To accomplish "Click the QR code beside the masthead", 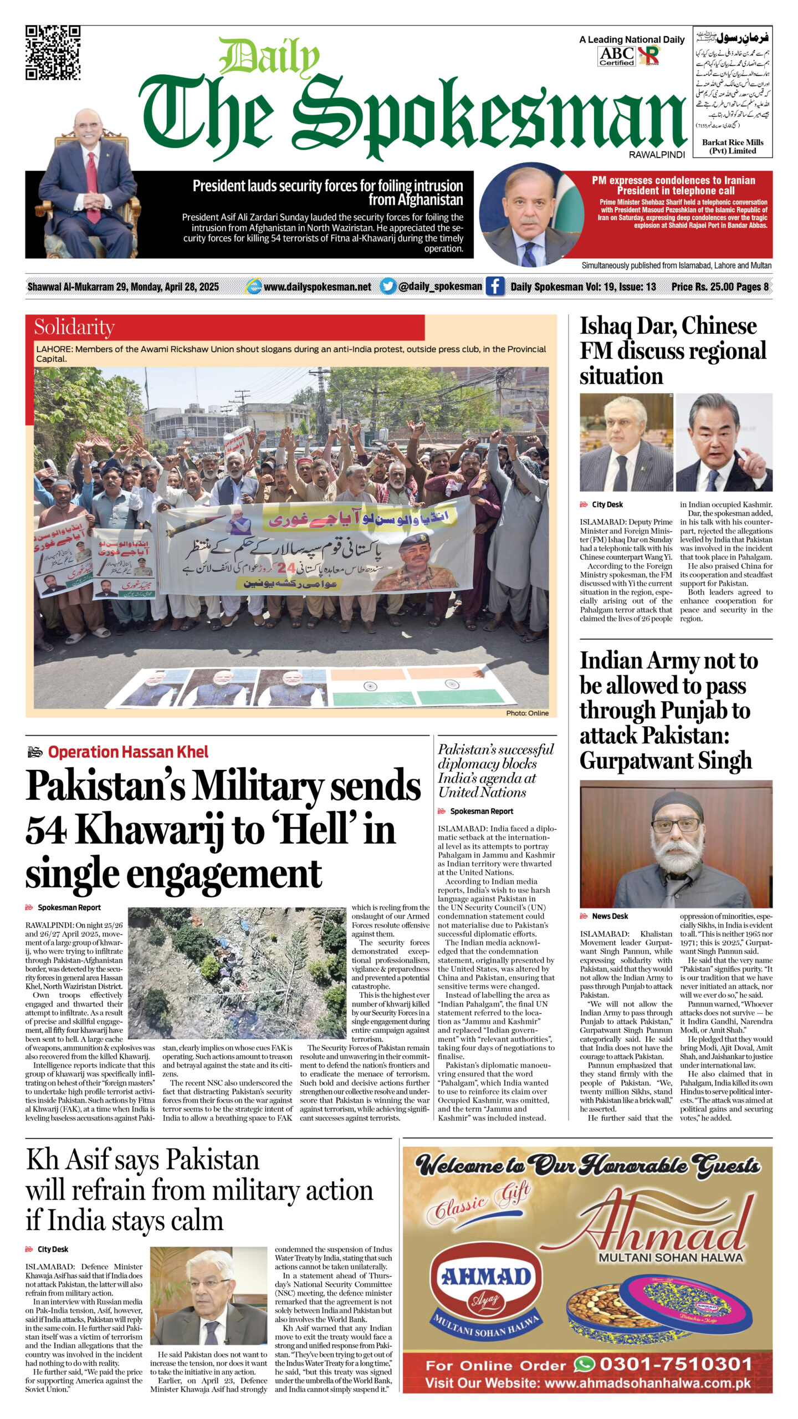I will (x=53, y=53).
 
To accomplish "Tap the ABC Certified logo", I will (x=616, y=56).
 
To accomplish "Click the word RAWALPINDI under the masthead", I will (x=657, y=155).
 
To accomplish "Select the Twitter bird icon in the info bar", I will (x=388, y=286).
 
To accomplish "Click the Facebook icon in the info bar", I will (x=495, y=286).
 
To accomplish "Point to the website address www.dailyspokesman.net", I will (x=317, y=287).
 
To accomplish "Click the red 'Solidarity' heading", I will (x=74, y=327).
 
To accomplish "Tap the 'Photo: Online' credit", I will (x=527, y=713).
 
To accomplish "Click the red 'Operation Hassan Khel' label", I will (x=128, y=752).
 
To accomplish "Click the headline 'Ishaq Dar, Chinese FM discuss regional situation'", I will (x=673, y=351).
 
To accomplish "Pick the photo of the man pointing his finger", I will (x=724, y=442).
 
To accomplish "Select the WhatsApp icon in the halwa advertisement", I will (x=584, y=1364).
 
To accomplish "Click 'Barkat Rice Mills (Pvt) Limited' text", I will (x=732, y=146).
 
